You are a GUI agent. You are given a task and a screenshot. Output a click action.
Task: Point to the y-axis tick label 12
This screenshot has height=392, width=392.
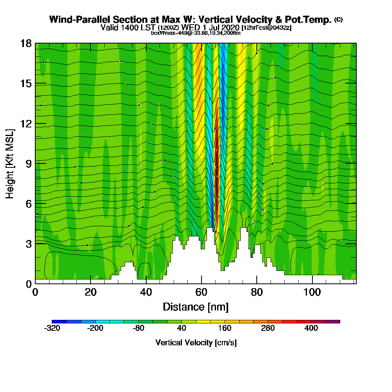click(x=26, y=123)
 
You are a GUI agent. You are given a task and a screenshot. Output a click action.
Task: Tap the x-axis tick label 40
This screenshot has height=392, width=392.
click(x=146, y=292)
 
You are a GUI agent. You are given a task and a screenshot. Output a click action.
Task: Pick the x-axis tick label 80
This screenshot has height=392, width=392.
click(x=257, y=292)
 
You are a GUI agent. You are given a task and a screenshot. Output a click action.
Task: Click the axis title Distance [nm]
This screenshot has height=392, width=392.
click(x=196, y=307)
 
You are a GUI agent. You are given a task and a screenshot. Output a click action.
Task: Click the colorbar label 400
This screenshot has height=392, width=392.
click(x=311, y=328)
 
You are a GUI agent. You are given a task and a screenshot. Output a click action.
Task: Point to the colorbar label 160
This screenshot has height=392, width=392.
click(x=225, y=328)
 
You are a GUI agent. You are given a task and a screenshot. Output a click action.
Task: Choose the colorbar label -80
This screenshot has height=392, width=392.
click(x=138, y=328)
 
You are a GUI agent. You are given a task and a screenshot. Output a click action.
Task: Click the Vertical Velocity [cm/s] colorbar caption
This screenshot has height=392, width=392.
click(x=196, y=343)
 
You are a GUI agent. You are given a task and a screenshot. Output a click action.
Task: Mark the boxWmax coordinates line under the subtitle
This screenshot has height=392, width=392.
click(x=196, y=33)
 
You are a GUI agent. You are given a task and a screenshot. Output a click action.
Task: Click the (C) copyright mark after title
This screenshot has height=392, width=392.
click(x=339, y=20)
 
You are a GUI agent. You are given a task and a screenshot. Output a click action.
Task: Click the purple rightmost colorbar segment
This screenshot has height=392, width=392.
click(x=333, y=321)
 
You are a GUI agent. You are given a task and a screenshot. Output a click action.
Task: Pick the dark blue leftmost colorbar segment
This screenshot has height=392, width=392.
click(x=59, y=321)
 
